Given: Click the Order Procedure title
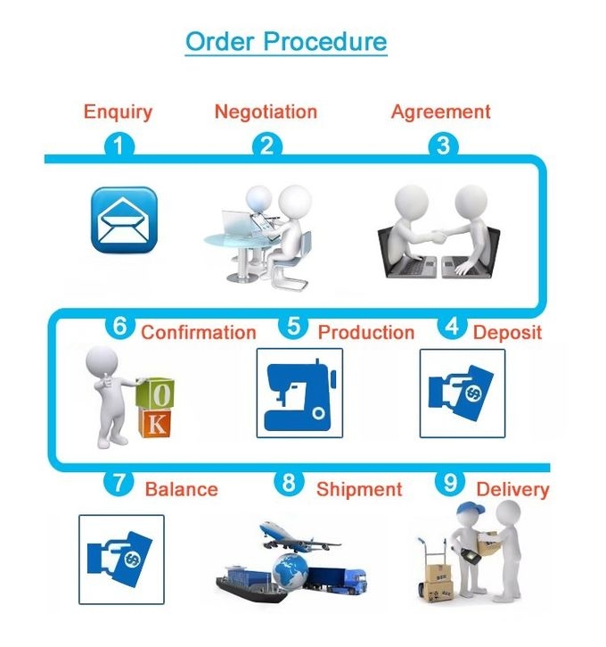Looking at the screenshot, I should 286,41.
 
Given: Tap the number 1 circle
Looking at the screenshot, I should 119,145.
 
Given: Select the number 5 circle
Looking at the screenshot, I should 294,327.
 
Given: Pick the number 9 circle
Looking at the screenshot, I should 451,483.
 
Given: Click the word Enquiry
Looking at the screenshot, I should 118,112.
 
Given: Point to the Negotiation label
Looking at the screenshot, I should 266,112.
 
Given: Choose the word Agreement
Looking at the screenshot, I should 440,112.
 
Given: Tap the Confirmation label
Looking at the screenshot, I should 199,332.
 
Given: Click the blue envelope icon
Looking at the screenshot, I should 124,219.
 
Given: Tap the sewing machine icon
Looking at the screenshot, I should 299,393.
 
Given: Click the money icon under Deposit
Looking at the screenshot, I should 462,393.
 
